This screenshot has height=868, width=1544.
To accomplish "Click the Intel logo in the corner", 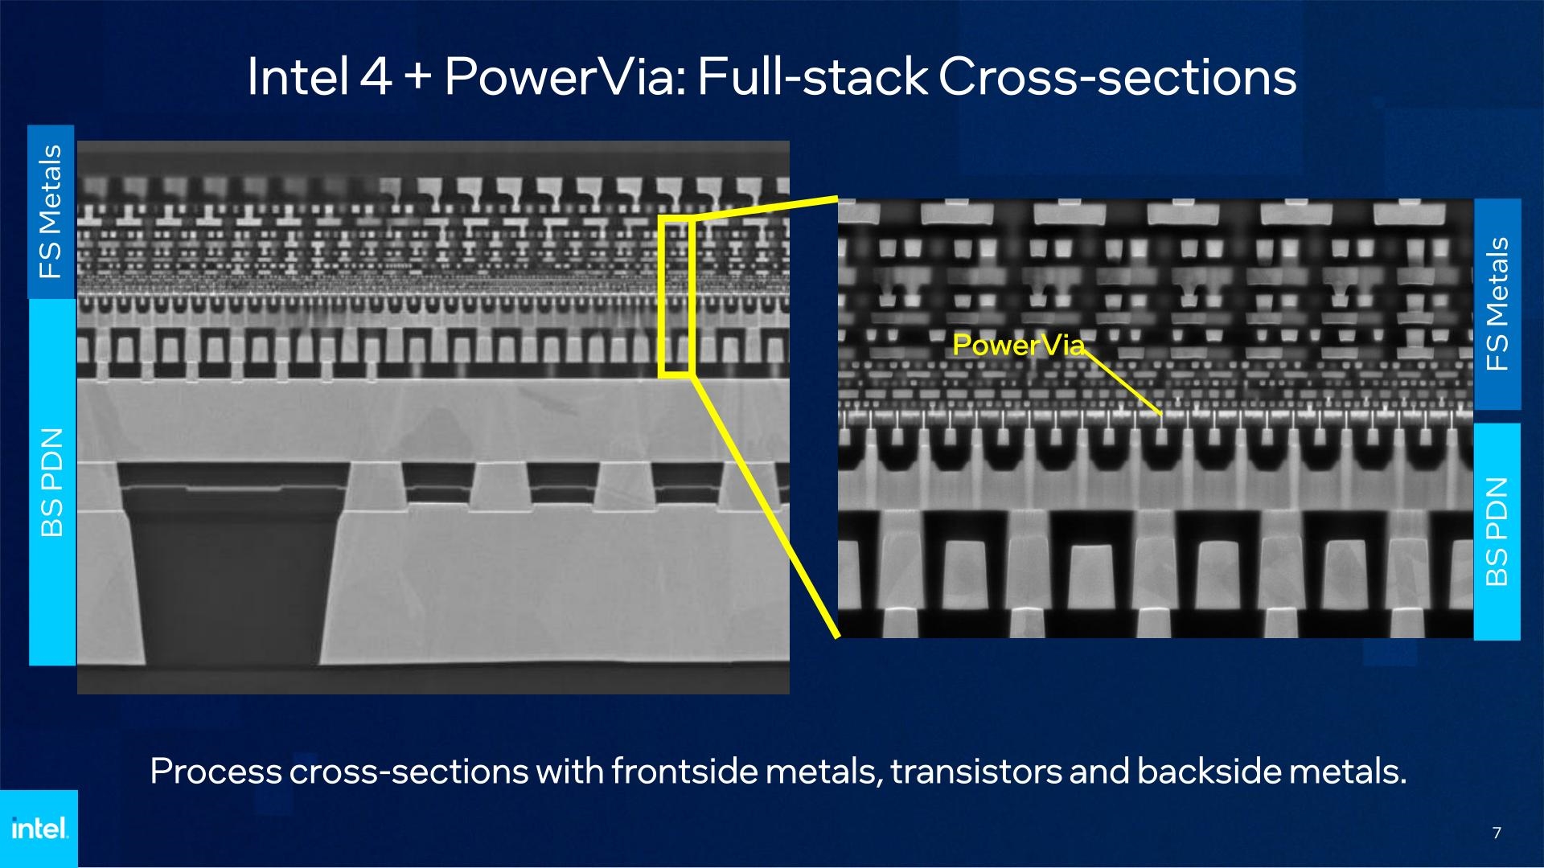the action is [x=39, y=828].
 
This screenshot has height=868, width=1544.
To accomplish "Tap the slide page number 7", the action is [x=1497, y=833].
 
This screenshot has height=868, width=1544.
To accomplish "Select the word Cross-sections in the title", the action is [x=1117, y=77].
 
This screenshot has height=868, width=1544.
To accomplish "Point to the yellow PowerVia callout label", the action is [x=1018, y=345].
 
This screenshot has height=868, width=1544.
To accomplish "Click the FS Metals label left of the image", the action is [x=51, y=211].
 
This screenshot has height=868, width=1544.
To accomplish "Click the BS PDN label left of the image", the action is [x=52, y=482].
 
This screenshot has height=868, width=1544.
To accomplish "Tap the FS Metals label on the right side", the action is [x=1497, y=304].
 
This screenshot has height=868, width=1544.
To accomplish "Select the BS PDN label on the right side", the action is [x=1497, y=531].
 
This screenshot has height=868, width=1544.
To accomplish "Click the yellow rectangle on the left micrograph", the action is [x=675, y=296].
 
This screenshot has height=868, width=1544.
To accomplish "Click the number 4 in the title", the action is [x=376, y=77].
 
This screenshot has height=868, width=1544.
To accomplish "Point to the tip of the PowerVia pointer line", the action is [x=1161, y=415].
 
